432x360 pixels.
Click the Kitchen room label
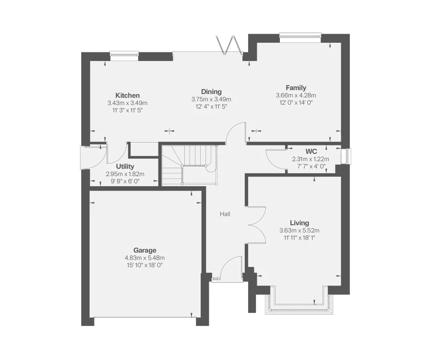coord(127,96)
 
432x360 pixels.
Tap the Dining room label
coord(211,92)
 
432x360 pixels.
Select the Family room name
coord(296,87)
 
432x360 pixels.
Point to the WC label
coord(311,152)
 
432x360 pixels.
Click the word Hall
coord(225,214)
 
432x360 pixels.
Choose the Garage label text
coord(144,250)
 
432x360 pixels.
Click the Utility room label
coord(125,166)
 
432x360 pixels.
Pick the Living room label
coord(299,223)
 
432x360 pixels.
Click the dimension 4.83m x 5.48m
coord(144,258)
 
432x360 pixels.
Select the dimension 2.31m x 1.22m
coord(311,159)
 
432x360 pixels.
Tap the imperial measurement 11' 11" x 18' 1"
coord(299,238)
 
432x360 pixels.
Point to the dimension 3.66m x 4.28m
coord(296,95)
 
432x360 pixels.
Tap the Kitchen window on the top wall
coord(124,55)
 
